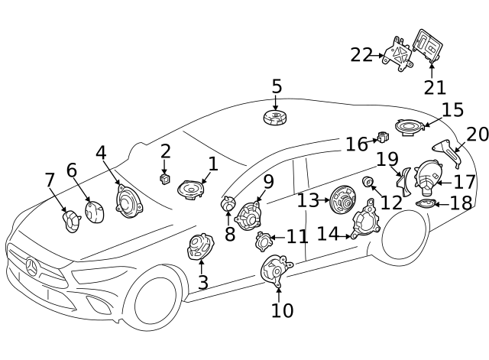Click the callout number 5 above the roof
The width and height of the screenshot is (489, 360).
277,87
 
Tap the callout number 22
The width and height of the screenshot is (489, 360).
361,55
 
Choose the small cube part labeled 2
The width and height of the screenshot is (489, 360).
164,178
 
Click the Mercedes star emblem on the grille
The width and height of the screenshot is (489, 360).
32,268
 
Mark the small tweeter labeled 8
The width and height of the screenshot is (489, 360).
228,204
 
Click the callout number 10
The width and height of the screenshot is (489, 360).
282,310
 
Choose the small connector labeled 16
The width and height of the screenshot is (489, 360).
384,138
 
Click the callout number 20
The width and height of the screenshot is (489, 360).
477,135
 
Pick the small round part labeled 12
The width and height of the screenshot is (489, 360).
368,182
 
